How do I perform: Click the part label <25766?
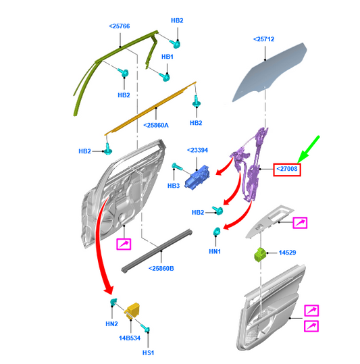[x=120, y=26]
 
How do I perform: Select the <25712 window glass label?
[x=263, y=39]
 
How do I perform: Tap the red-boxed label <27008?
[x=287, y=170]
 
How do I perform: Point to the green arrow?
[x=308, y=149]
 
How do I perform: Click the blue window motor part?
[x=197, y=178]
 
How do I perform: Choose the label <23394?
[x=197, y=150]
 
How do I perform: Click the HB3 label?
[x=174, y=186]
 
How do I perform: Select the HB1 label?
[x=168, y=57]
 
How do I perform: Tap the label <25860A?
[x=156, y=126]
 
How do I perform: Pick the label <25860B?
[x=161, y=269]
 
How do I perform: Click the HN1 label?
[x=215, y=251]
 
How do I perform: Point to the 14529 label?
[x=287, y=253]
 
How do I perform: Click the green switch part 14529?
[x=261, y=255]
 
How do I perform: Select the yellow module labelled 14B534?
[x=132, y=310]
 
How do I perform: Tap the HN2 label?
[x=111, y=324]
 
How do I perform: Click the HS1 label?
[x=149, y=353]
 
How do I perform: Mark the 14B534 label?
[x=130, y=338]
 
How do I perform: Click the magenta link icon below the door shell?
[x=124, y=244]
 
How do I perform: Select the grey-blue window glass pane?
[x=269, y=72]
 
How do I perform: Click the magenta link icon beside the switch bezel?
[x=300, y=223]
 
